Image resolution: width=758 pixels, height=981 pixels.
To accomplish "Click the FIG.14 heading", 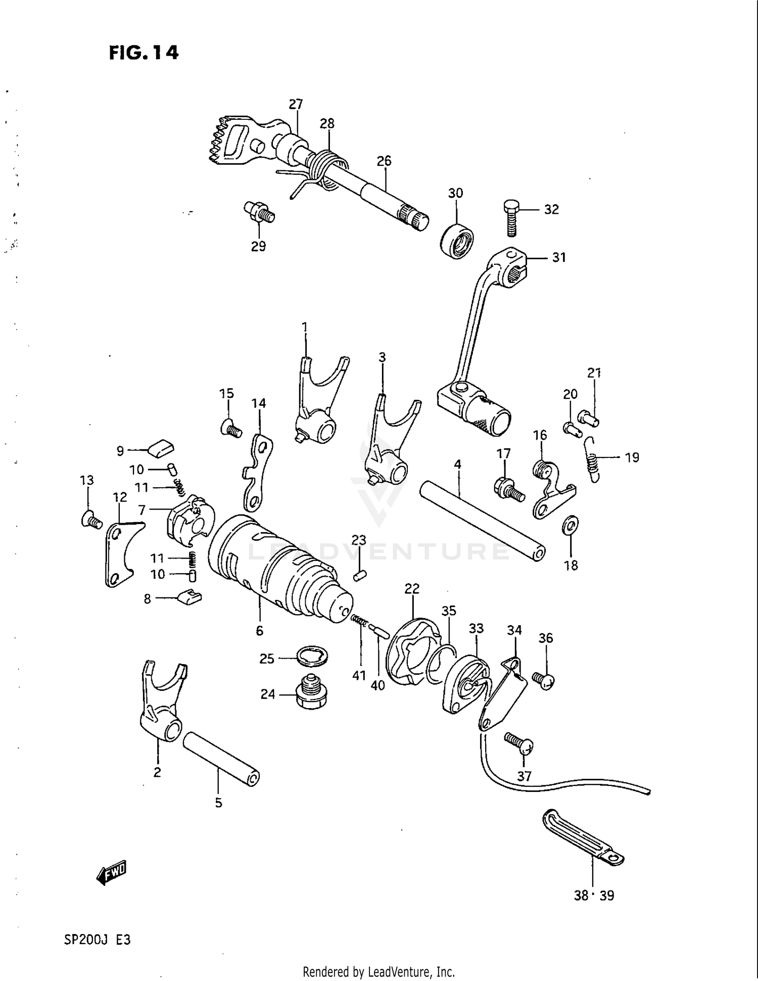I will tap(144, 53).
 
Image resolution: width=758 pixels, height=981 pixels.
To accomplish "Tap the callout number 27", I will tap(296, 104).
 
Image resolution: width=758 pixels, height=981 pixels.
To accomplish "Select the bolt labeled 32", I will tap(511, 218).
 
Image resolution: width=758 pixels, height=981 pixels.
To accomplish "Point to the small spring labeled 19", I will tap(593, 459).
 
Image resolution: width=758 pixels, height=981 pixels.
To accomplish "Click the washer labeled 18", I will tap(570, 526).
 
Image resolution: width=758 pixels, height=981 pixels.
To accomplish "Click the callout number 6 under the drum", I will tap(259, 630).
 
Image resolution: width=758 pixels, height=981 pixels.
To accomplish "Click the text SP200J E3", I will tap(97, 940).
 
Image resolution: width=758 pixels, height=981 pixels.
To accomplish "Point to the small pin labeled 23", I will tap(359, 575).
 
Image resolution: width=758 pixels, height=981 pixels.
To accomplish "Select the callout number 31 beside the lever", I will tap(558, 257).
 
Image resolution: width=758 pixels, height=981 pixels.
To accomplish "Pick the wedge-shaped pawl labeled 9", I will tap(161, 447).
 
